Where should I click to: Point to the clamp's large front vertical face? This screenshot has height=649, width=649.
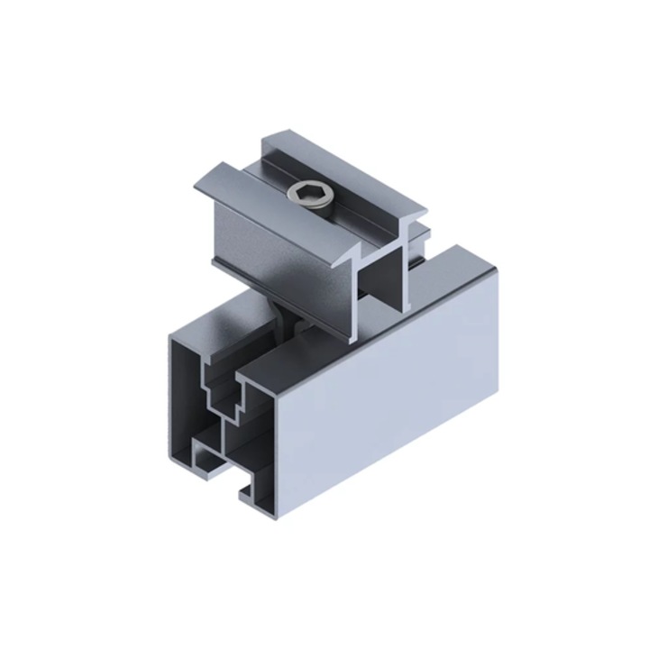pos(279,261)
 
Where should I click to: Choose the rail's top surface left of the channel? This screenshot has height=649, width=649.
pos(216,320)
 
